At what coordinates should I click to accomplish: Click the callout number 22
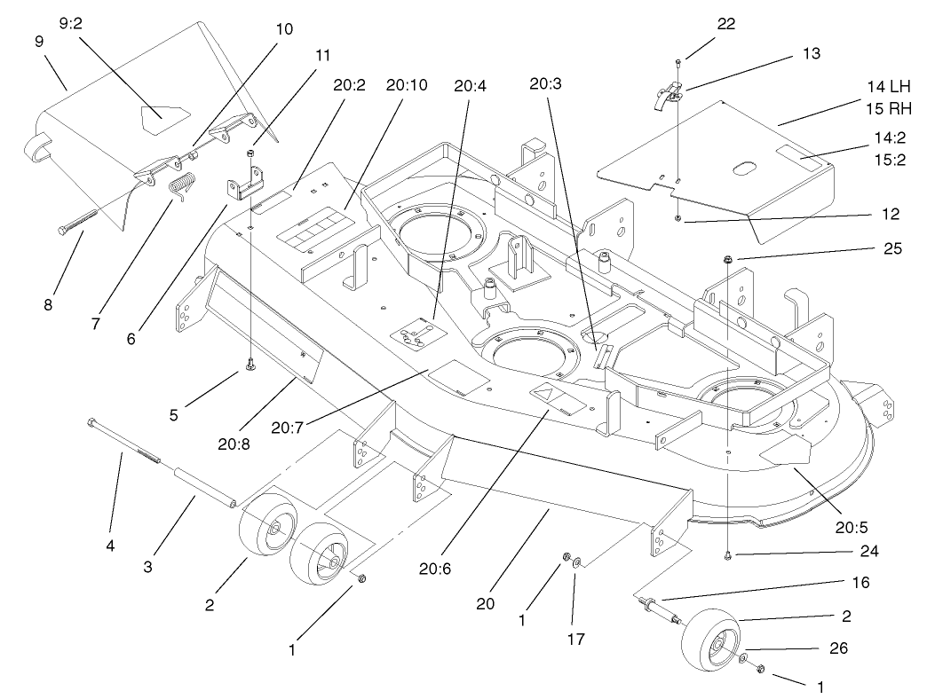click(x=725, y=24)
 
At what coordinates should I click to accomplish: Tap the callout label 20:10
click(x=407, y=86)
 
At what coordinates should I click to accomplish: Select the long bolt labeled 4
click(x=124, y=441)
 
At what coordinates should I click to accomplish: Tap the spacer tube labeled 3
click(x=203, y=489)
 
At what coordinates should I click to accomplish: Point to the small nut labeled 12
click(x=677, y=217)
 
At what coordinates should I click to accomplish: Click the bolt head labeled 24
click(x=727, y=555)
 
